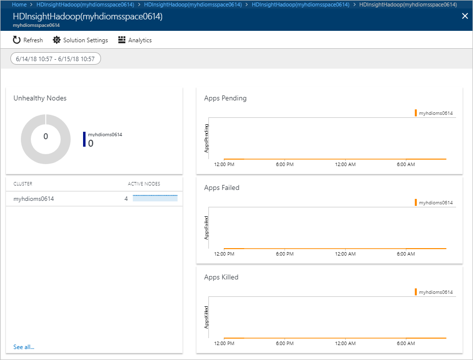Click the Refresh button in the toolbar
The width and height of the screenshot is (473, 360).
(x=28, y=40)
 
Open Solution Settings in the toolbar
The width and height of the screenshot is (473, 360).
(x=80, y=40)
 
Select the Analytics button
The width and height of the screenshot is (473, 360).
(x=135, y=40)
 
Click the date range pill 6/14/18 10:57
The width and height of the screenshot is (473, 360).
(x=55, y=59)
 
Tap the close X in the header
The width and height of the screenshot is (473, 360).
(x=465, y=16)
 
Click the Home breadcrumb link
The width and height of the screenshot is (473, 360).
(x=19, y=4)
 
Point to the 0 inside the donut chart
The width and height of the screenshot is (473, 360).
(x=46, y=136)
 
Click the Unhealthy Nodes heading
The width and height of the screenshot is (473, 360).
(x=40, y=98)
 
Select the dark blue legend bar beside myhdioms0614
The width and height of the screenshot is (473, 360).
(x=84, y=139)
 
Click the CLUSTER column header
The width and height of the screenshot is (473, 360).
(x=23, y=183)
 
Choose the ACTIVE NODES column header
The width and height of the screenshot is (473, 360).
(x=144, y=183)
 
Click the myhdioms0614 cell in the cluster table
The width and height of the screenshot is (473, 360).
(x=34, y=199)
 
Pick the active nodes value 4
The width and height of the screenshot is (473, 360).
(x=126, y=199)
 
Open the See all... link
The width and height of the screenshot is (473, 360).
(x=24, y=347)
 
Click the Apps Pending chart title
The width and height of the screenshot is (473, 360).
(x=225, y=98)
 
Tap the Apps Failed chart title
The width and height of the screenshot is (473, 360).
(x=222, y=188)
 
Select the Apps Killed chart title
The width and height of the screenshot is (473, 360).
(x=221, y=277)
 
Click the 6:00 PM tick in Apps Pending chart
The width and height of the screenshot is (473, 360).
(x=284, y=164)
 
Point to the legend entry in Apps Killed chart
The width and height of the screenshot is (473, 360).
(x=434, y=292)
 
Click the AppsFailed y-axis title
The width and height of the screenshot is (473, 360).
(x=206, y=228)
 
